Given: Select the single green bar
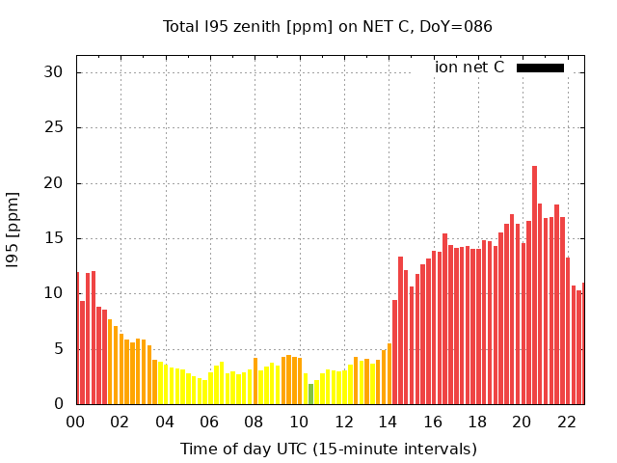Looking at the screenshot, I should coord(310,394).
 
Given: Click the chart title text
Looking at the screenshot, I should coord(328,26).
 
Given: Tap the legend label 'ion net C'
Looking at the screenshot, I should coord(469,68).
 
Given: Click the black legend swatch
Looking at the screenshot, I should coord(540,68).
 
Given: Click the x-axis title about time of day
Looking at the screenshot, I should coord(328,449).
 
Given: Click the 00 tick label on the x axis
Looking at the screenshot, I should coord(76,422).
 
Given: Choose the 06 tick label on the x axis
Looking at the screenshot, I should coord(209,422).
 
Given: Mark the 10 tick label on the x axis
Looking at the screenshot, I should coord(299,422).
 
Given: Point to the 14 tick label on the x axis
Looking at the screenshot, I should coord(388,422).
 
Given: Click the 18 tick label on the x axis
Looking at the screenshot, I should coord(476,422).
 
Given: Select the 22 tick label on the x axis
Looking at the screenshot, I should coord(566,422).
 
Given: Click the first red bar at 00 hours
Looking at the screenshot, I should coord(78,338).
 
